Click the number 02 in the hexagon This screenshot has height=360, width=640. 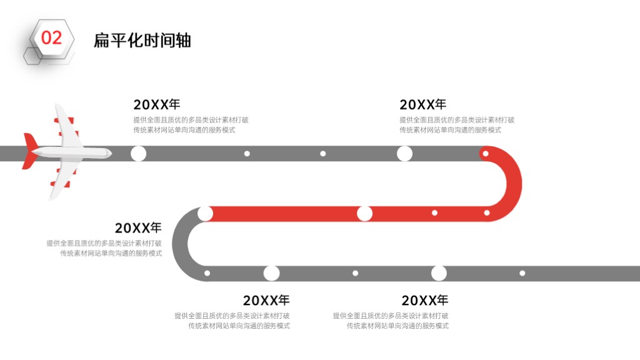51,38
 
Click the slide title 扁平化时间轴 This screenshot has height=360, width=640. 142,41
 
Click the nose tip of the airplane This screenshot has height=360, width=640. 111,153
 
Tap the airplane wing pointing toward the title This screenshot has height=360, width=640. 65,124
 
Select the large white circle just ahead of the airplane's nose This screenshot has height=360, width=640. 138,154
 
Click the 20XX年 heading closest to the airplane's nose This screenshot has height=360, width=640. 157,104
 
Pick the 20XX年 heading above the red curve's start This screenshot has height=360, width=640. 423,104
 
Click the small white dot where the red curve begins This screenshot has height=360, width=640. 485,154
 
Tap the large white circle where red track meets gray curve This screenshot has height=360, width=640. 205,214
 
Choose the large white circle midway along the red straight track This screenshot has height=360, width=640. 364,214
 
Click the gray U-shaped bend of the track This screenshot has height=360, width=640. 180,244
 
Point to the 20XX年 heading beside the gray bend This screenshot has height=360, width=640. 138,227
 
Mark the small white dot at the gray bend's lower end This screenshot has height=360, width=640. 207,273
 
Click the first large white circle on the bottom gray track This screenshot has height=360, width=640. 271,273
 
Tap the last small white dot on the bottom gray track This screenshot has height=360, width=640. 522,273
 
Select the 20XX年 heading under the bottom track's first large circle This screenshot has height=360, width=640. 266,301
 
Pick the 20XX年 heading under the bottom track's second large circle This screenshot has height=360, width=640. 425,301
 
